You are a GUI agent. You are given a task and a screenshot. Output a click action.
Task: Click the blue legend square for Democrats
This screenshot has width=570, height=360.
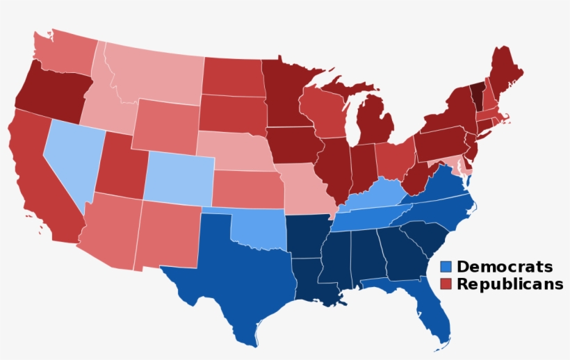click(x=446, y=268)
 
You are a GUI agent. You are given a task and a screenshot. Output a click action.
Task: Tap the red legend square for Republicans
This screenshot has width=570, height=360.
click(x=446, y=284)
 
